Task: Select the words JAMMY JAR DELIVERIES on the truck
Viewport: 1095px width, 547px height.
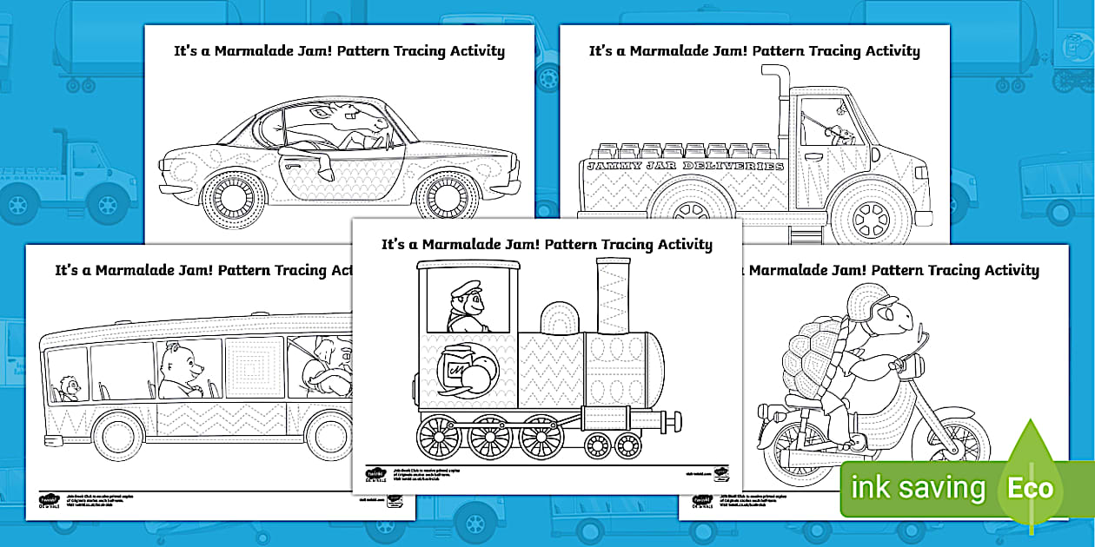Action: (x=685, y=166)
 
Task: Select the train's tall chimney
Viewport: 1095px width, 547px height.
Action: (x=614, y=294)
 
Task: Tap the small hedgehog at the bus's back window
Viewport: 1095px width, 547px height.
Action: (x=67, y=388)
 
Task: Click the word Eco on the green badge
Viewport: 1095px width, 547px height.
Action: (x=1030, y=487)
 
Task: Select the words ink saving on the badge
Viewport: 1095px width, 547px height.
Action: (x=918, y=488)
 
